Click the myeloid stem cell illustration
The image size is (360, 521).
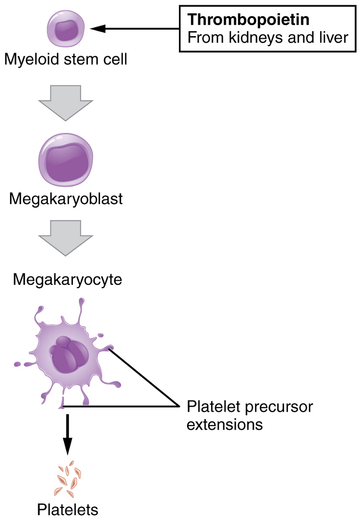66,29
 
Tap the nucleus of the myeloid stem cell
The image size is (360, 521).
65,30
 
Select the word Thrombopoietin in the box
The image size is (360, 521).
248,20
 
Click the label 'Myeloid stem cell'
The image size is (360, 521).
66,60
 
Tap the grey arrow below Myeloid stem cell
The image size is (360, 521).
65,102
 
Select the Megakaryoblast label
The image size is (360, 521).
66,200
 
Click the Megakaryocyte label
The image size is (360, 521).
67,279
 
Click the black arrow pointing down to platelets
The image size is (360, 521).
67,434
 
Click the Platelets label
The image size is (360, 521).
67,510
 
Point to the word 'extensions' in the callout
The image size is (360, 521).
224,425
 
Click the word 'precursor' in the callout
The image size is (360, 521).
283,406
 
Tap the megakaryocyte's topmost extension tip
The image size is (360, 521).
80,302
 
